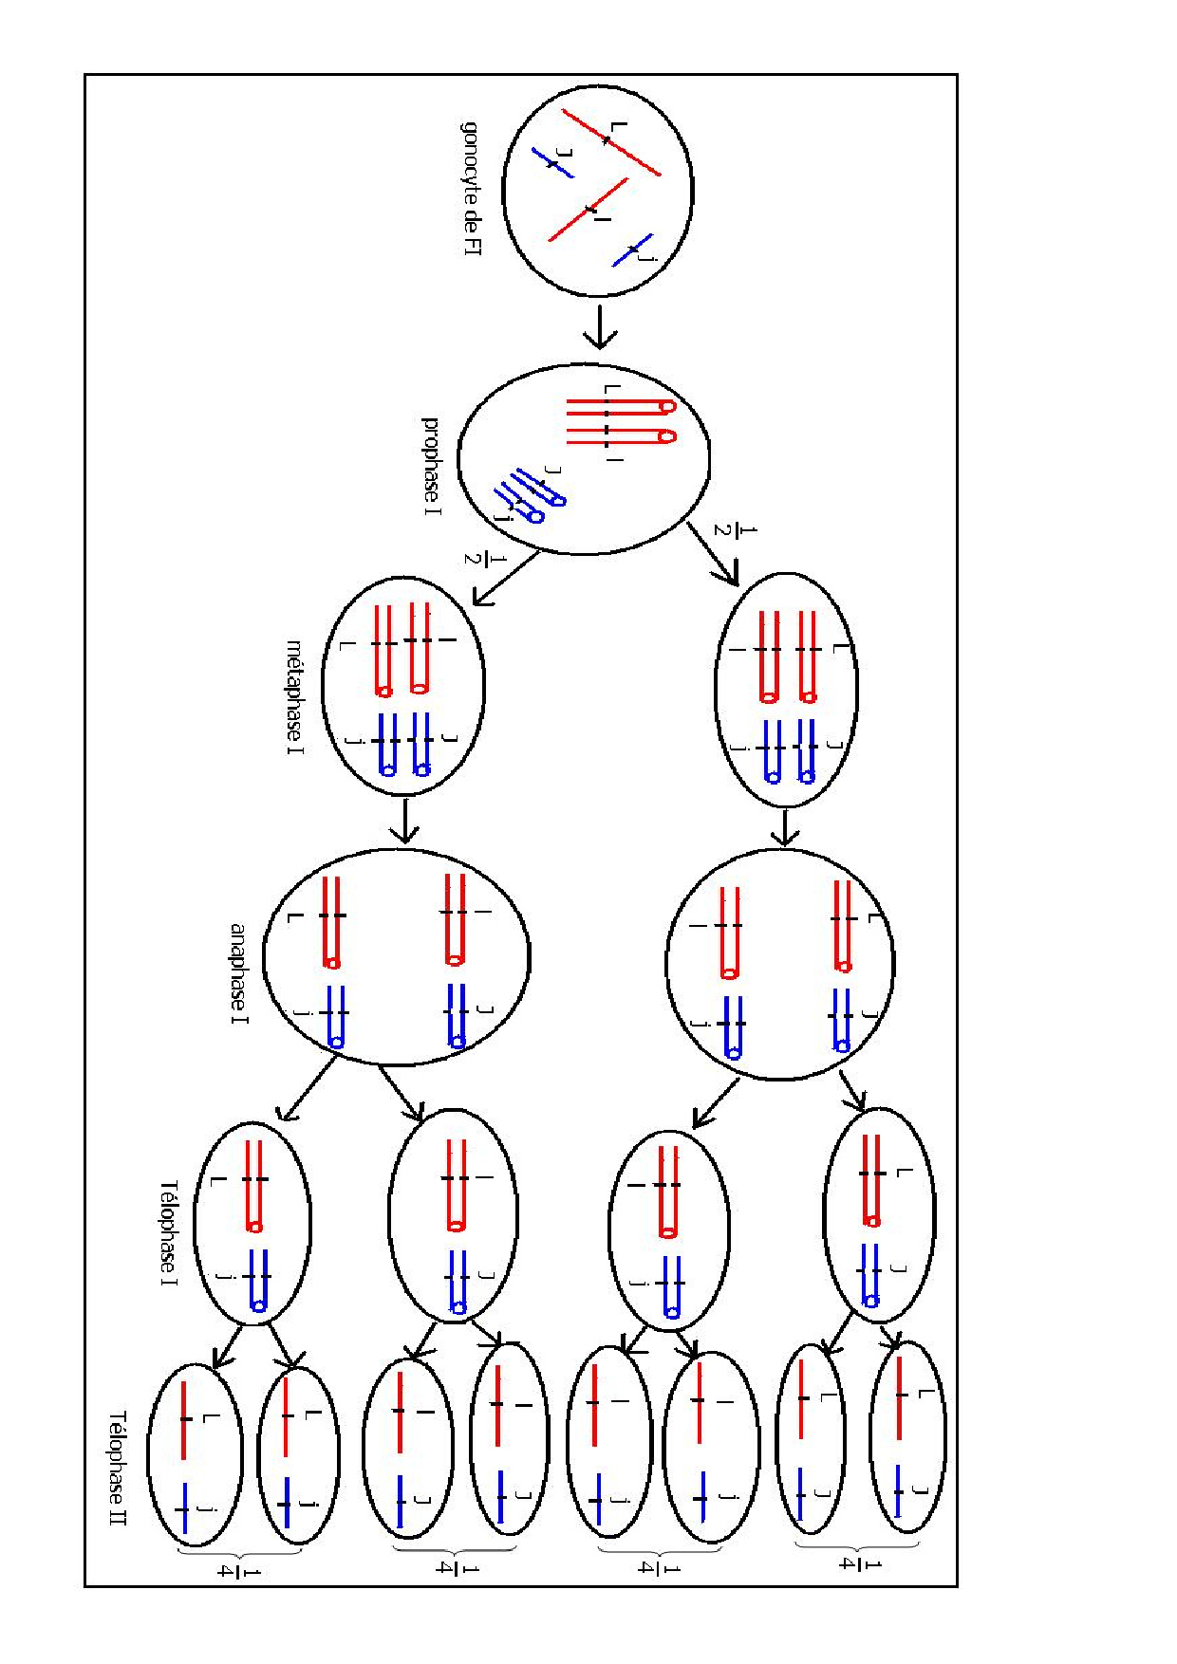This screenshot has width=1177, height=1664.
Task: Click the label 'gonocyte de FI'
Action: pyautogui.click(x=471, y=187)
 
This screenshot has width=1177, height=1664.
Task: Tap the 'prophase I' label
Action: pyautogui.click(x=431, y=466)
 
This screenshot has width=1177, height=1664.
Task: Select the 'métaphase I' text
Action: pyautogui.click(x=295, y=696)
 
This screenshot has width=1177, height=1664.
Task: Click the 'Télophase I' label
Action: pyautogui.click(x=169, y=1232)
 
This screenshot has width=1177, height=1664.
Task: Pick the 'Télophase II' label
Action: pyautogui.click(x=118, y=1468)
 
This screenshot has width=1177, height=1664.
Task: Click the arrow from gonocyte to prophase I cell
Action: pyautogui.click(x=599, y=325)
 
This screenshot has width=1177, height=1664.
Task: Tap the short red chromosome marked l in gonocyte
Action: pyautogui.click(x=588, y=210)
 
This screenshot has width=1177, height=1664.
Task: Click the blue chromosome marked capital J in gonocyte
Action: pyautogui.click(x=551, y=162)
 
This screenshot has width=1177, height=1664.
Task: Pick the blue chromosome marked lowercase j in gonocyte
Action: pyautogui.click(x=632, y=250)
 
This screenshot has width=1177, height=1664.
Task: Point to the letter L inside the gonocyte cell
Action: pyautogui.click(x=619, y=125)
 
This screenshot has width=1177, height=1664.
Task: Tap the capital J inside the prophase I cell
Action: pyautogui.click(x=554, y=471)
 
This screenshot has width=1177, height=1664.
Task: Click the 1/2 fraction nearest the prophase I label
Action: pyautogui.click(x=474, y=558)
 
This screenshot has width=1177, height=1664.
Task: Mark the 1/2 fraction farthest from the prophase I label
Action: pyautogui.click(x=723, y=529)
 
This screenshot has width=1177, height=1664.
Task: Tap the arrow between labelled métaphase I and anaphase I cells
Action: pyautogui.click(x=405, y=821)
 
